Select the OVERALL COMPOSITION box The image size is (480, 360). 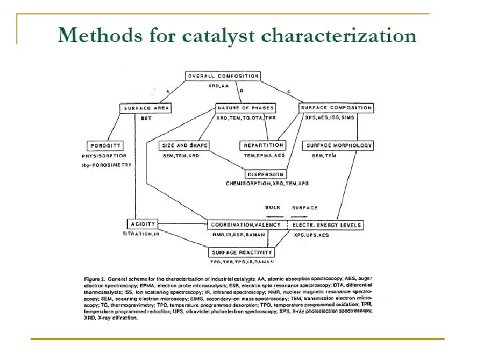click(223, 76)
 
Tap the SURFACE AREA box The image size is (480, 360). click(147, 107)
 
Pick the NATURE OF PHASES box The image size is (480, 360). click(246, 107)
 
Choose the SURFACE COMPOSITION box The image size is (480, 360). click(336, 107)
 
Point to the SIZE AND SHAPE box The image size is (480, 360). click(184, 145)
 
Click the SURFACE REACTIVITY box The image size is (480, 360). click(242, 253)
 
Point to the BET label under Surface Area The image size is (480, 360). click(146, 117)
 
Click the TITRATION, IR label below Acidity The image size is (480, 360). click(141, 234)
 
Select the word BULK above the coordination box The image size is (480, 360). click(273, 207)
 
